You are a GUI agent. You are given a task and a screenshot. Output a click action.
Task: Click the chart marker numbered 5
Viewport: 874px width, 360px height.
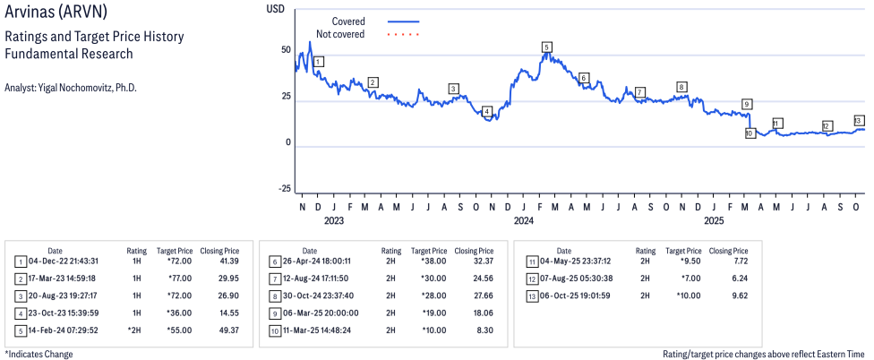click(546, 47)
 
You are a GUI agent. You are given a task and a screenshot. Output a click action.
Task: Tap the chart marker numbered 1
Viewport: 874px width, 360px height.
click(319, 61)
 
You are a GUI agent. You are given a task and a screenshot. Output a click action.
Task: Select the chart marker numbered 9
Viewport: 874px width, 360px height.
click(747, 104)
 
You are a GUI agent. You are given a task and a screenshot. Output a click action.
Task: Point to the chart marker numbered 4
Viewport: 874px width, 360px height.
click(487, 112)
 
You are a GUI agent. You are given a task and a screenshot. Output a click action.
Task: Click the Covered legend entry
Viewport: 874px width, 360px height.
click(355, 21)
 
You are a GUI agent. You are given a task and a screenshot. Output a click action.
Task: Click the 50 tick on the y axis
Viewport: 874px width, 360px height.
click(286, 50)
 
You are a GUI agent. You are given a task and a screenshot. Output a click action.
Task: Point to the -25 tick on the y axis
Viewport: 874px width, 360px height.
click(284, 188)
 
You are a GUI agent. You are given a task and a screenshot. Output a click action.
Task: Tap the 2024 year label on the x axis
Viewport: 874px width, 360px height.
click(524, 220)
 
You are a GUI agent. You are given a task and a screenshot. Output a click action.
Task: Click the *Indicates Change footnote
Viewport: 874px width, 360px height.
click(39, 354)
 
